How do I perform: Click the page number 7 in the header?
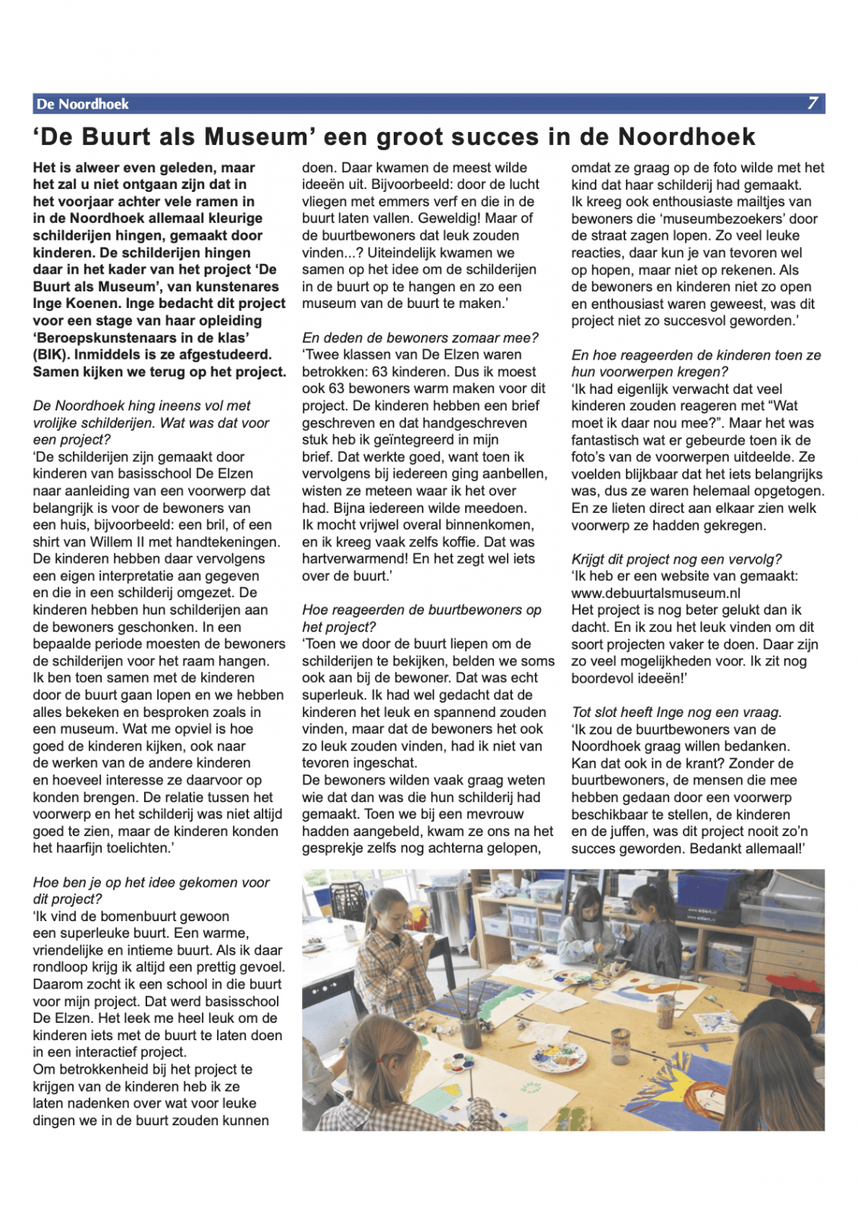[812, 103]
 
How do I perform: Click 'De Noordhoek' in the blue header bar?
[83, 104]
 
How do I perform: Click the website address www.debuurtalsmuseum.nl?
[655, 593]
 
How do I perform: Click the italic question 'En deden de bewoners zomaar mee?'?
[420, 338]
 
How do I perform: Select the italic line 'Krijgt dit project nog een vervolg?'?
[676, 559]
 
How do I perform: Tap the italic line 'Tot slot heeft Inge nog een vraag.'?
[676, 712]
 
